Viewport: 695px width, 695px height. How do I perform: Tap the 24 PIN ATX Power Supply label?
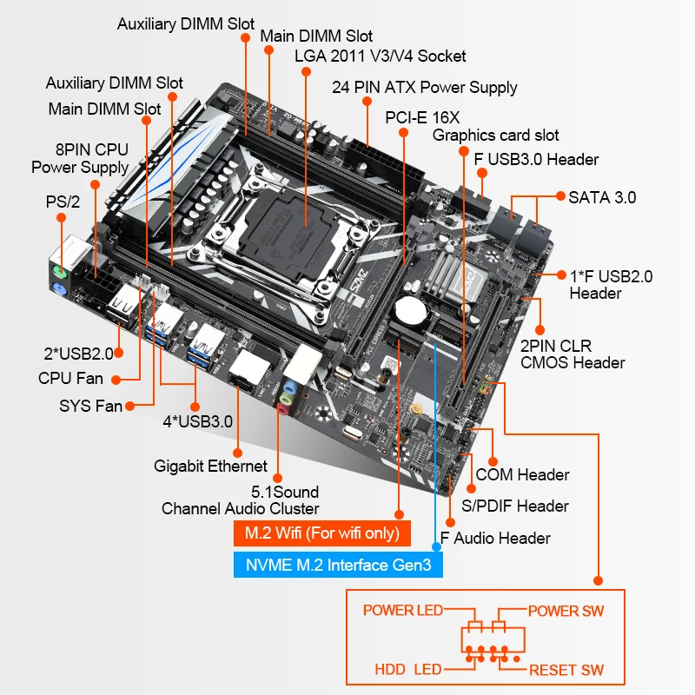pos(424,87)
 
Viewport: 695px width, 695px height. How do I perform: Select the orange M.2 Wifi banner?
pos(321,533)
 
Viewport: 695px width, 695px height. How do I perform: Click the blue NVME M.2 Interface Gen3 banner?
pos(338,566)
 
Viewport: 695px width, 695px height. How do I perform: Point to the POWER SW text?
pos(566,611)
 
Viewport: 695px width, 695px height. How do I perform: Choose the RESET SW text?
pos(566,670)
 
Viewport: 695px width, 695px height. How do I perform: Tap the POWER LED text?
pos(402,611)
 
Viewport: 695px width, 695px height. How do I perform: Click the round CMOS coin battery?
pos(407,310)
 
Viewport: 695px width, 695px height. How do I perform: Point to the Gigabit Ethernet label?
pos(210,467)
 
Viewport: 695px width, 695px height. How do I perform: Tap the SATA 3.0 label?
pos(602,197)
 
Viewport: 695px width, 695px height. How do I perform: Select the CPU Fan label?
pos(70,378)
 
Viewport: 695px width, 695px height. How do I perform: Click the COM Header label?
pos(522,474)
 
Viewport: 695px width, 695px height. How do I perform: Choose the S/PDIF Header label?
pos(515,506)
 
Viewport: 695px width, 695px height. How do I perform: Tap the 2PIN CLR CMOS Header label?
pos(572,354)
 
